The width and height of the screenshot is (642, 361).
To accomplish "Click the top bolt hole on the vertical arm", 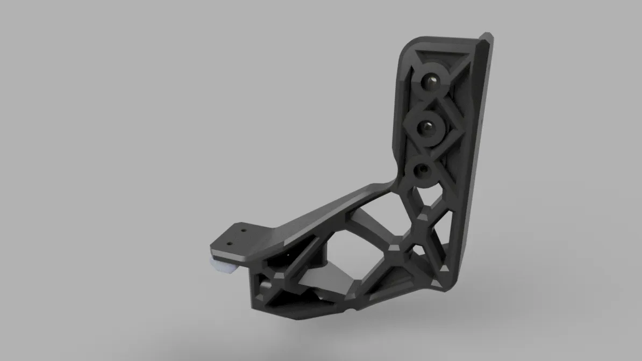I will click(x=431, y=81).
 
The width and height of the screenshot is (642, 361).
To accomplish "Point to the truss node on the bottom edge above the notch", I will click(x=352, y=295).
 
